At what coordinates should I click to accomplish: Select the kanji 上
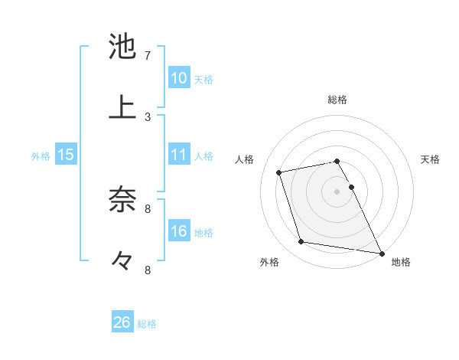point(122,106)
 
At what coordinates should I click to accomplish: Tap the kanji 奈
point(122,198)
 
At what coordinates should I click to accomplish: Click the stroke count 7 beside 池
point(148,56)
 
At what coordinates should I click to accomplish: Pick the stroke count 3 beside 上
point(148,117)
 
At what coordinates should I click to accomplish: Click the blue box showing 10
point(178,78)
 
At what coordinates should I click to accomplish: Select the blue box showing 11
point(178,155)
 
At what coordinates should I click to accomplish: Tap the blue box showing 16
point(178,232)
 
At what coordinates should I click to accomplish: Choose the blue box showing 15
point(66,155)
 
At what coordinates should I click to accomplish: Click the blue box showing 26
point(122,323)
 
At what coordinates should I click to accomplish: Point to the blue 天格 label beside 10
point(203,80)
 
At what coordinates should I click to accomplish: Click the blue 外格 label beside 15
point(41,156)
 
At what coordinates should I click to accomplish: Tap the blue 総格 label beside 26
point(147,324)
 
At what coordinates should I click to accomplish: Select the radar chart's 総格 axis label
point(337,100)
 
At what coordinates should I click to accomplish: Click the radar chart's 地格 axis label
point(401,263)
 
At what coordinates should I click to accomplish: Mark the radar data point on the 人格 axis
point(279,172)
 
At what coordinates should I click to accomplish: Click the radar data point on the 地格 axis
point(381,252)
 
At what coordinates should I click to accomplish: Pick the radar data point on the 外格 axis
point(301,242)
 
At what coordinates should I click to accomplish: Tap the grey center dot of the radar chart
point(337,191)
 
